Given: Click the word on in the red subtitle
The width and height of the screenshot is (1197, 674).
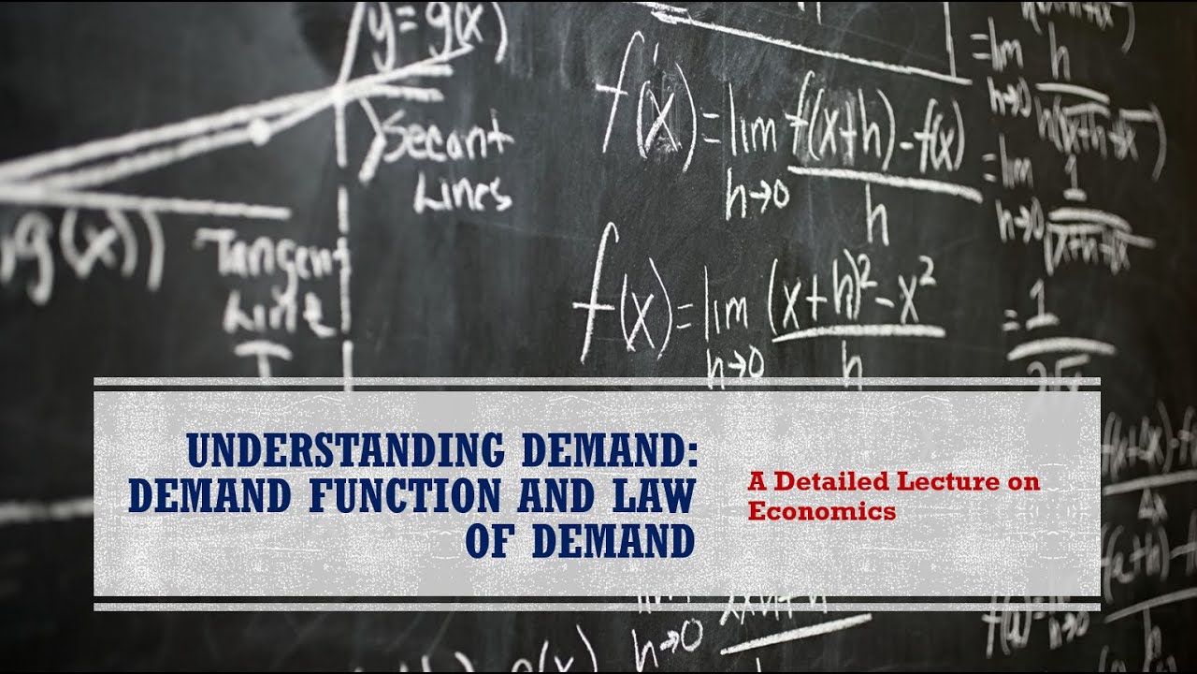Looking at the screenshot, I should point(1024,484).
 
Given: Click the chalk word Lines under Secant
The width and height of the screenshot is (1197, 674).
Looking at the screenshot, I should point(463,195).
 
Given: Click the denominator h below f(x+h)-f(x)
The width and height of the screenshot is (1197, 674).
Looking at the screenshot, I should point(875,222).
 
